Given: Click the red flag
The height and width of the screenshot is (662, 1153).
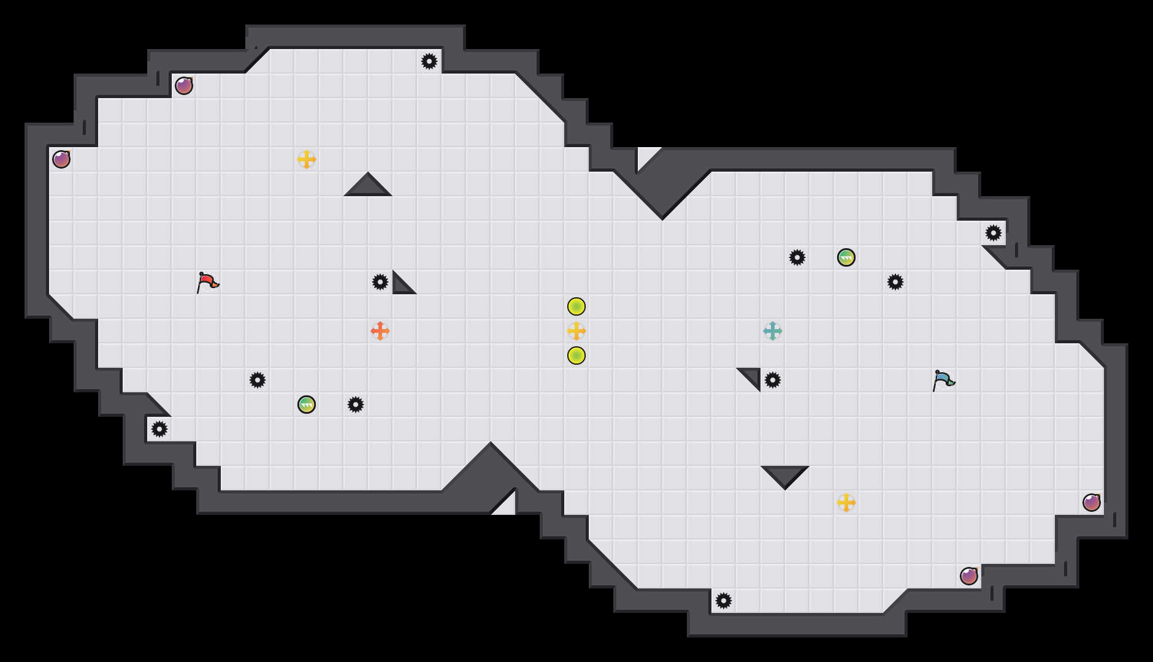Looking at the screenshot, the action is coord(207,282).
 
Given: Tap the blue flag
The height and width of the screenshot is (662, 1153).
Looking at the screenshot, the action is coord(943,380).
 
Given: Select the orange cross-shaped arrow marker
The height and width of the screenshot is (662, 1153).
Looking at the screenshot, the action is coord(380,331).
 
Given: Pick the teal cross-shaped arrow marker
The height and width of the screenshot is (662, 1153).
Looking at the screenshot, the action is coord(773,331).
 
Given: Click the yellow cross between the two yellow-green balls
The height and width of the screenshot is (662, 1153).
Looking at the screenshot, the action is coord(576,331).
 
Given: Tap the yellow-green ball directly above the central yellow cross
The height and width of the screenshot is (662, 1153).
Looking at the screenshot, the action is coord(576,306).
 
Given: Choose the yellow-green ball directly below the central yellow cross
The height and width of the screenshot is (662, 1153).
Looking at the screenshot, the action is coord(576,356).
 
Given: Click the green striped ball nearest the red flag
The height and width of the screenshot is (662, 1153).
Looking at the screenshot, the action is coord(307,405).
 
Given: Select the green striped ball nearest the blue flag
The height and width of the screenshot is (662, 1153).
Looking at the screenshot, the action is coord(846,257).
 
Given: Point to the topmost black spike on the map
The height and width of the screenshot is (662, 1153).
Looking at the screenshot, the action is coord(429,61).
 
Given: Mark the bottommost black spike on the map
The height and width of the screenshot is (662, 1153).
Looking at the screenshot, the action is coord(724,601).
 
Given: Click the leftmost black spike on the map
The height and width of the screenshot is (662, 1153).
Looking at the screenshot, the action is coord(159,429).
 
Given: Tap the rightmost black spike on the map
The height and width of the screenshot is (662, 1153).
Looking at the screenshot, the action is coord(994,233).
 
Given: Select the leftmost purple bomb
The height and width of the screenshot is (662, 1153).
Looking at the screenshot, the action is coord(61,159).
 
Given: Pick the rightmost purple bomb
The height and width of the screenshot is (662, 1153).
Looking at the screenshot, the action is coord(1092,503).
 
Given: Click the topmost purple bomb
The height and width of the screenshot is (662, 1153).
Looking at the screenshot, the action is coord(184,86).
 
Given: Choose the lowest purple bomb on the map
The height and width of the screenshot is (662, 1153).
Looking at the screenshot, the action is coord(969,576).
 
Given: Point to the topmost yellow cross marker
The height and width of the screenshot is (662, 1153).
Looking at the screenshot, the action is coord(307,159).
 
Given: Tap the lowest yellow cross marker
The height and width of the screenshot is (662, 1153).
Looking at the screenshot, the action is coord(846,503).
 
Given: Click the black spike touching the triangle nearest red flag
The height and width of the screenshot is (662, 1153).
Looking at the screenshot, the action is coord(380,282).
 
